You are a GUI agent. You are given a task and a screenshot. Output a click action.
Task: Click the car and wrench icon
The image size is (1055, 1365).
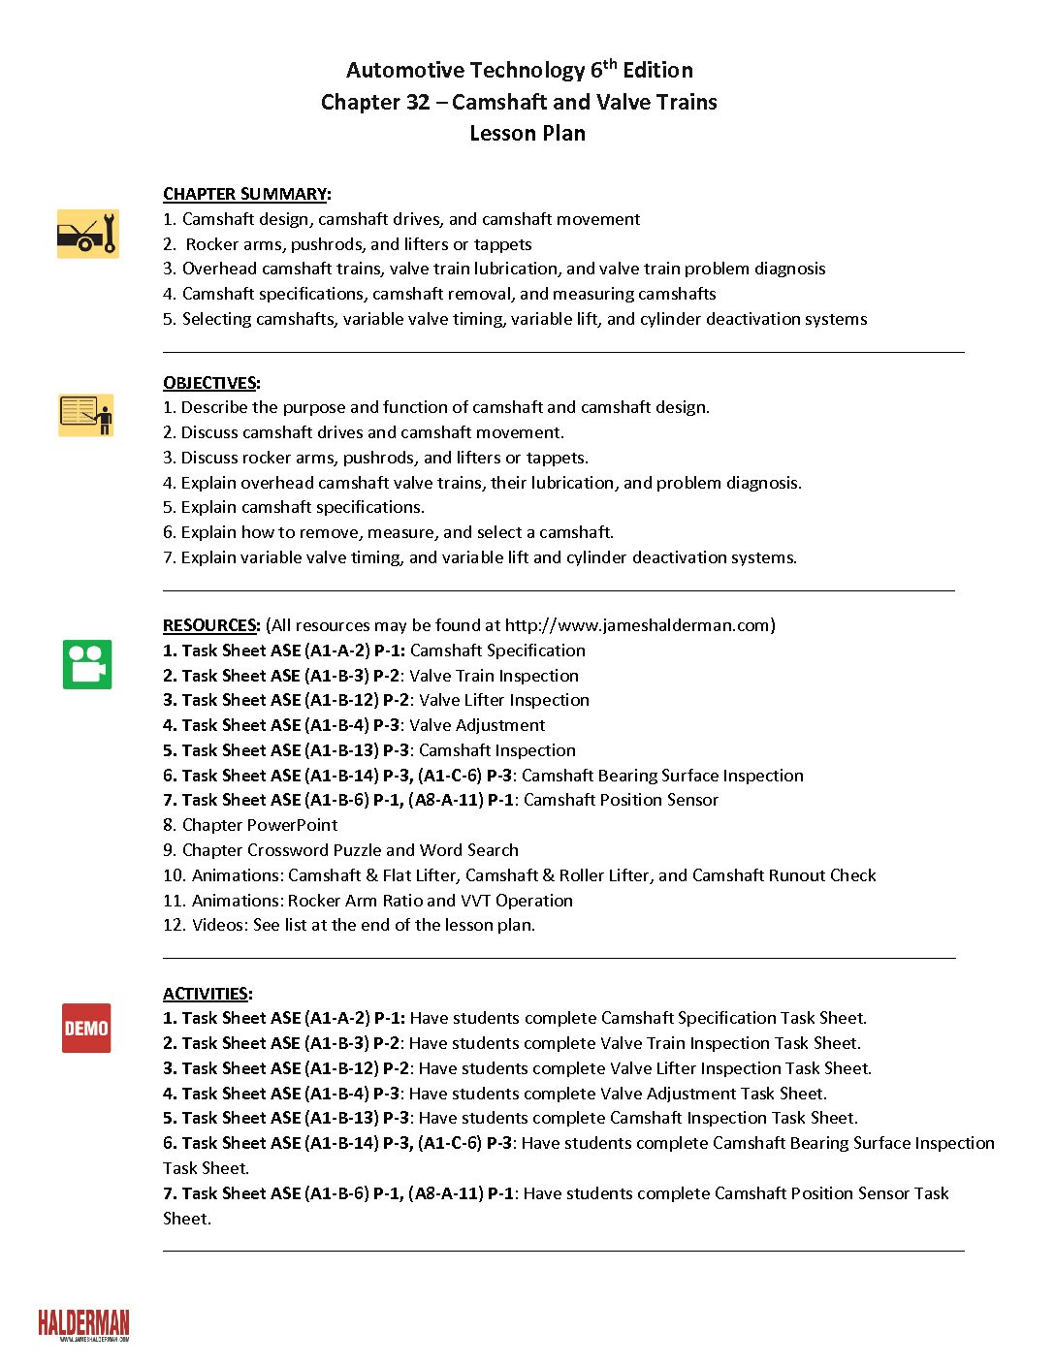[87, 234]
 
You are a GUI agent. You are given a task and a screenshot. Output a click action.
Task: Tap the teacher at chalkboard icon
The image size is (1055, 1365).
[86, 415]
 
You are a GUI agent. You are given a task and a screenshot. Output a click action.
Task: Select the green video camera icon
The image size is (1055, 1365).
[87, 664]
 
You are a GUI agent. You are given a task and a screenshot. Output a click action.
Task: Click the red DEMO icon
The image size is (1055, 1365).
[86, 1028]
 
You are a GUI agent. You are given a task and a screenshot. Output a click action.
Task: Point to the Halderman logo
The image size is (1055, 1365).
[83, 1324]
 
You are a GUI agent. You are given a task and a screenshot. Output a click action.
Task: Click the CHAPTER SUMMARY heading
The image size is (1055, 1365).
[246, 194]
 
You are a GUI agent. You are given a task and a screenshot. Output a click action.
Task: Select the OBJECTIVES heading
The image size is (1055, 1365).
[210, 383]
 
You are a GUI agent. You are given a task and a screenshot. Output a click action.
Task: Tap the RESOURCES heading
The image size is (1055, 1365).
[210, 625]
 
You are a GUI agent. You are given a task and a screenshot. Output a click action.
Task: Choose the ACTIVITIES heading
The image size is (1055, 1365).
[207, 994]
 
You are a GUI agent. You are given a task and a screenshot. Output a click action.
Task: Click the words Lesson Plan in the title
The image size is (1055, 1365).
[527, 133]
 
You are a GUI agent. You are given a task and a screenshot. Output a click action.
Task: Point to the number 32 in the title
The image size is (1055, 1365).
[417, 102]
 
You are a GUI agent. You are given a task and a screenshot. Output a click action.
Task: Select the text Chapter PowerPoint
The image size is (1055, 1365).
[259, 825]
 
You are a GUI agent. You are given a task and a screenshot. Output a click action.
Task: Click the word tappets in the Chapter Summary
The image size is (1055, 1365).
[502, 244]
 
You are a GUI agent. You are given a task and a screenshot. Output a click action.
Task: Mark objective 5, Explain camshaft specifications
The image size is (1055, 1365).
[294, 507]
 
